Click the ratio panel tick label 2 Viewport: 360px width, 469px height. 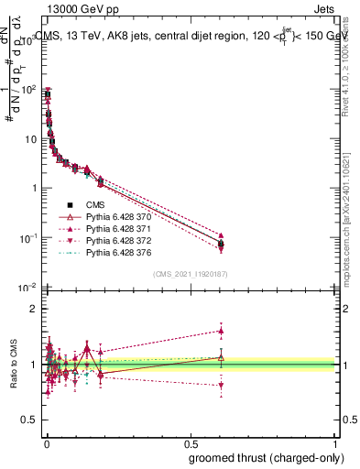click(x=34, y=309)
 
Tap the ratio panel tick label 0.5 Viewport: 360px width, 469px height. click(x=29, y=421)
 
